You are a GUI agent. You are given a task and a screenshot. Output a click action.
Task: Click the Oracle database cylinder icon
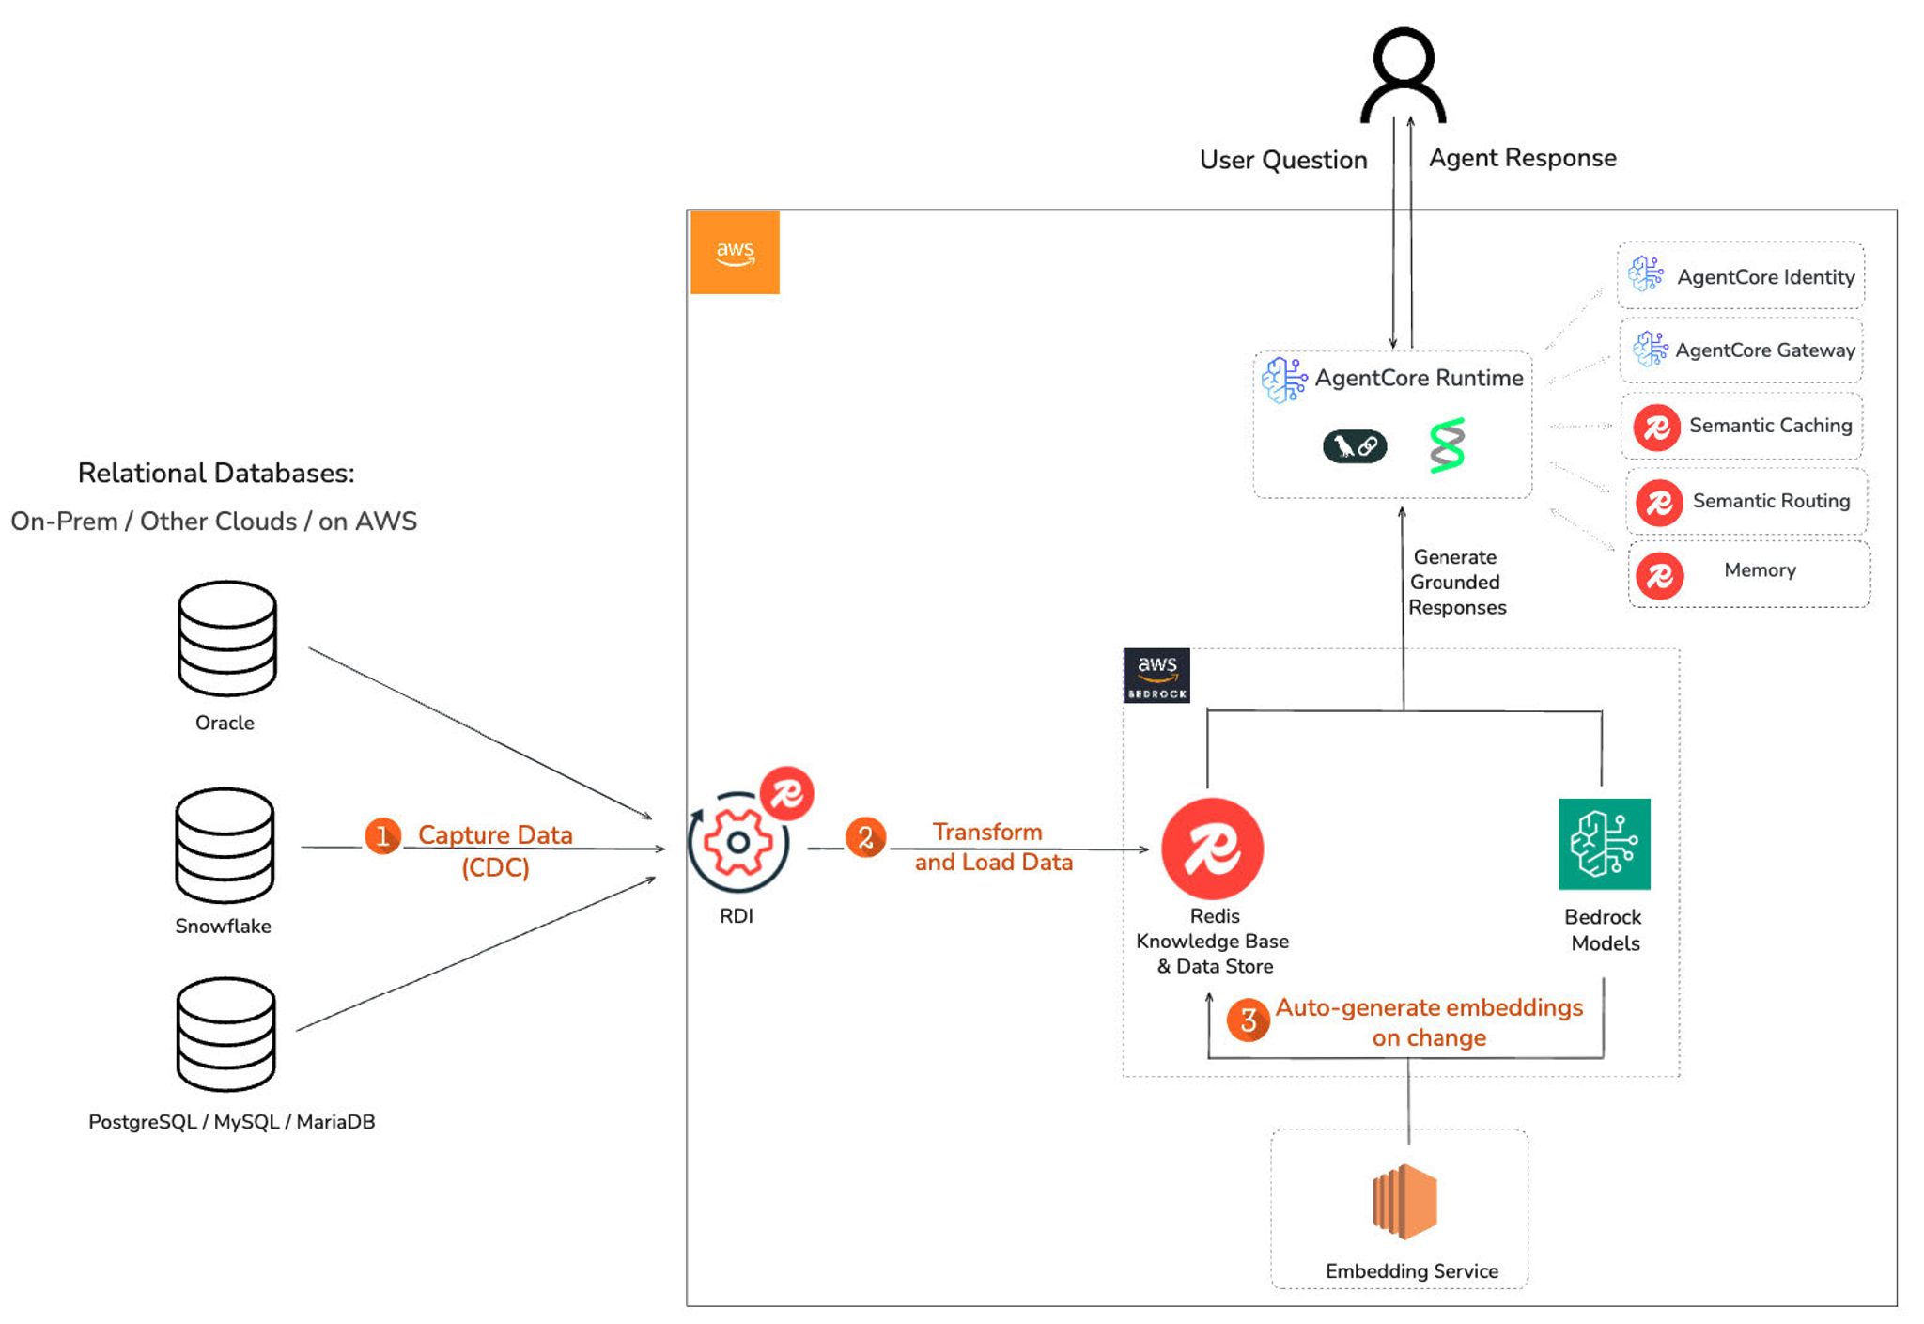(x=226, y=638)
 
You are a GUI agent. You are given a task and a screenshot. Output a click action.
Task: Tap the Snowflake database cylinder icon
(x=225, y=845)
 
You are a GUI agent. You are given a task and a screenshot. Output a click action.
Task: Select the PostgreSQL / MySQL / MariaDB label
(x=231, y=1121)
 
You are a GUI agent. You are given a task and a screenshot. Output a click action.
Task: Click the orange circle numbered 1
(x=382, y=835)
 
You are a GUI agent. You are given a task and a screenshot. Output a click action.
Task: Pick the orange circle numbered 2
(x=865, y=837)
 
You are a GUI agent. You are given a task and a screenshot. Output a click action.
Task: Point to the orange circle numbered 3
(x=1248, y=1020)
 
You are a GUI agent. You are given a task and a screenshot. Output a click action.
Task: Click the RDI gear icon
(x=738, y=842)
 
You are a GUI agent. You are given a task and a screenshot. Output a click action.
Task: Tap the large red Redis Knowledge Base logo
(x=1212, y=849)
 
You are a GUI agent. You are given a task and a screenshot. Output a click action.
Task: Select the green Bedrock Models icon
(x=1604, y=844)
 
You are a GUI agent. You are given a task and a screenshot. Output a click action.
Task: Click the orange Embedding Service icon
(x=1405, y=1202)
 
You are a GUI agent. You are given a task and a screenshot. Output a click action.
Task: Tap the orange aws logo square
(x=735, y=253)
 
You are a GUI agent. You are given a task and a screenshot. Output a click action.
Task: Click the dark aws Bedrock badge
(x=1156, y=676)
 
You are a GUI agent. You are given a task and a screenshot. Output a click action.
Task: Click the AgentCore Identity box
(x=1741, y=276)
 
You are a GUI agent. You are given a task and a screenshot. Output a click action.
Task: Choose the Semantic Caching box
(x=1744, y=426)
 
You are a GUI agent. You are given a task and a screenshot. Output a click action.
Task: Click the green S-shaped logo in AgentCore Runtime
(x=1447, y=445)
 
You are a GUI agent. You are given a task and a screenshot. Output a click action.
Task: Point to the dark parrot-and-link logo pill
(x=1355, y=445)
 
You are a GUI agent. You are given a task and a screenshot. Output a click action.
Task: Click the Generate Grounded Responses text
(x=1456, y=583)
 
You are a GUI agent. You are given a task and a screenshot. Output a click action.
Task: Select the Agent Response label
(x=1522, y=158)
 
